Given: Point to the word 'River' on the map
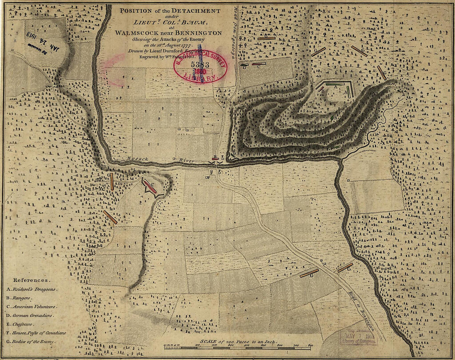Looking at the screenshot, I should tap(187, 160).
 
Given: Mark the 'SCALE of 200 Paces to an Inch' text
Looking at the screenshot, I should tap(242, 341).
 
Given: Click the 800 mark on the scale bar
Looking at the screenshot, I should tap(310, 345).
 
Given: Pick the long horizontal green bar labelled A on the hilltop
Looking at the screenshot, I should tap(335, 84).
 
